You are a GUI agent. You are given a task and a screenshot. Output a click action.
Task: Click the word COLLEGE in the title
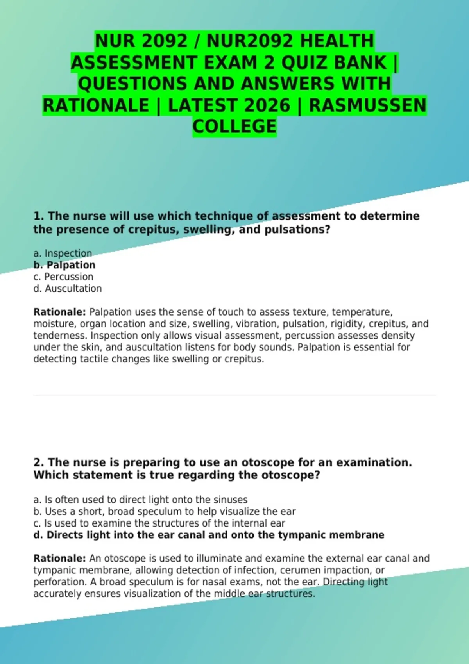(234, 127)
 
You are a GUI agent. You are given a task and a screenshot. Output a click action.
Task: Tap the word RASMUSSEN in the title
(367, 105)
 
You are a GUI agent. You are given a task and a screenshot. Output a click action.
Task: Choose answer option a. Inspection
(63, 253)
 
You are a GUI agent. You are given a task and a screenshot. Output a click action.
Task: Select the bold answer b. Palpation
(64, 265)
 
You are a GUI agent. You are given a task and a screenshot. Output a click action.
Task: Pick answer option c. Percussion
(63, 277)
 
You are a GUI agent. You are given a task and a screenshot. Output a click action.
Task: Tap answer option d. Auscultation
(68, 288)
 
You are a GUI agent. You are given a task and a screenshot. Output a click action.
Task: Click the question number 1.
(38, 216)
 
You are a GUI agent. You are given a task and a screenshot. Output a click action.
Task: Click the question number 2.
(38, 462)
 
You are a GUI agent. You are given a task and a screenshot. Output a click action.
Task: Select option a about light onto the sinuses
(140, 500)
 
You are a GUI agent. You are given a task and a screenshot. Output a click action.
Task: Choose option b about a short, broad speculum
(164, 511)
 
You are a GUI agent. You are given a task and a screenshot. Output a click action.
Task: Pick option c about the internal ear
(159, 523)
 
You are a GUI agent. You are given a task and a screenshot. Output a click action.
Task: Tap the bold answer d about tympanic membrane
(209, 535)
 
